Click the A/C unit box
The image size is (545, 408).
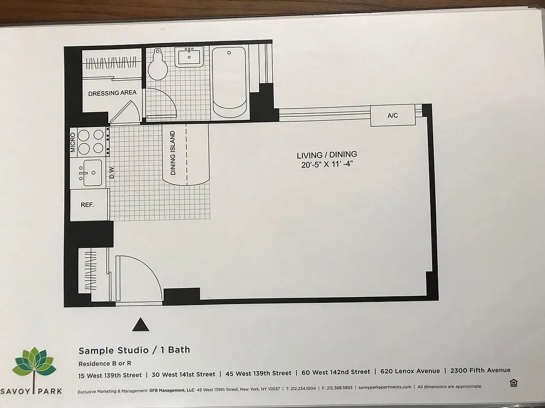pyautogui.click(x=392, y=116)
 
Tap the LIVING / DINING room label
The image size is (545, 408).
pyautogui.click(x=327, y=155)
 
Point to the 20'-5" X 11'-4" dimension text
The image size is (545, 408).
pyautogui.click(x=327, y=164)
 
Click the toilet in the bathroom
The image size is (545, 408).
pyautogui.click(x=157, y=65)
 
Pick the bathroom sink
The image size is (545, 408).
pyautogui.click(x=189, y=57)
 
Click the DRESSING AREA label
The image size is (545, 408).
pyautogui.click(x=112, y=93)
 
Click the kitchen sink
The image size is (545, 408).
pyautogui.click(x=91, y=173)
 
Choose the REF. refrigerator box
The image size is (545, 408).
pyautogui.click(x=88, y=205)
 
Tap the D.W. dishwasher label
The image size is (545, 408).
pyautogui.click(x=111, y=173)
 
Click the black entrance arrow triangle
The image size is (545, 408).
pyautogui.click(x=140, y=325)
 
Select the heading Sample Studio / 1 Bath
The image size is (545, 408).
pyautogui.click(x=134, y=350)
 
